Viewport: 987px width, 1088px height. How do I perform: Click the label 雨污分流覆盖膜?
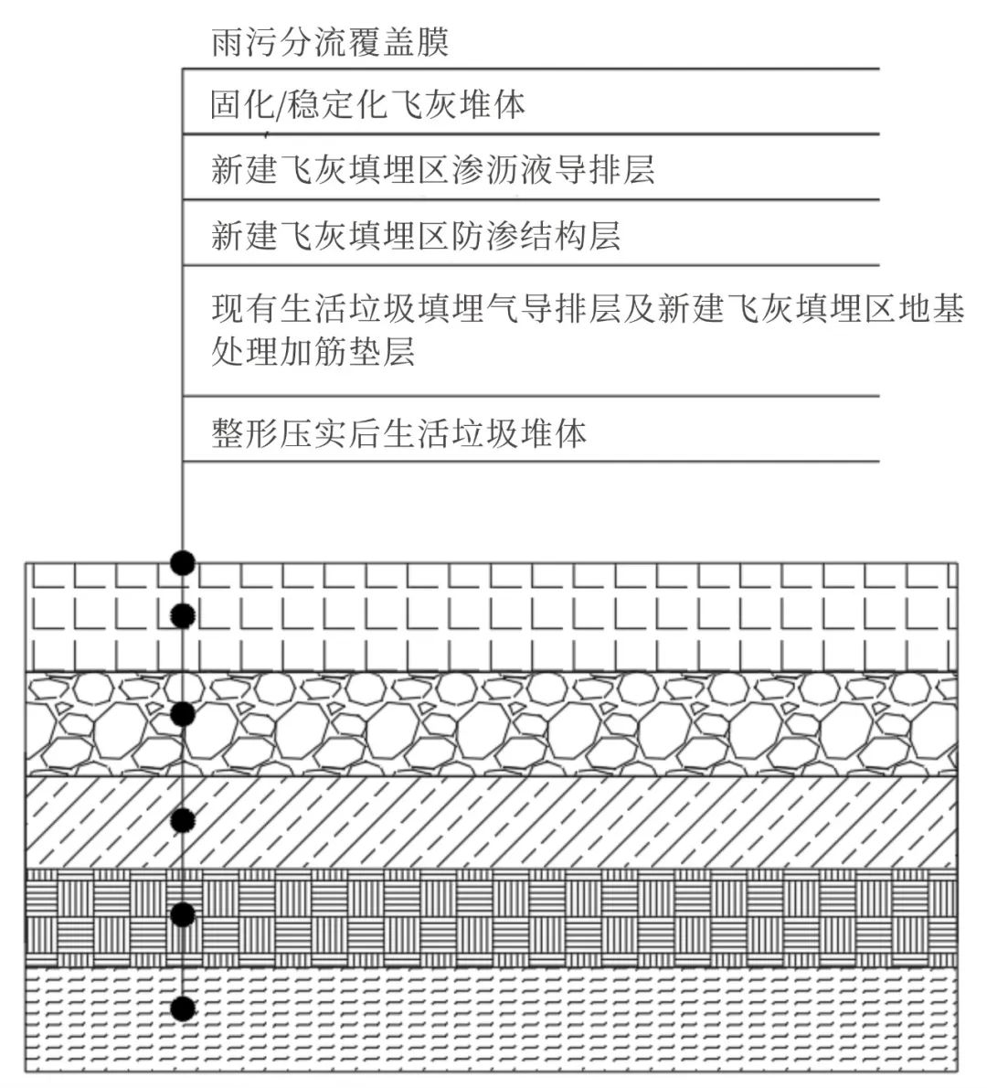(330, 42)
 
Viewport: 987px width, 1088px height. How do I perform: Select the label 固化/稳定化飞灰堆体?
(367, 105)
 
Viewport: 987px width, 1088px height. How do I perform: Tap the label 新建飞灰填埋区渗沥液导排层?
(432, 170)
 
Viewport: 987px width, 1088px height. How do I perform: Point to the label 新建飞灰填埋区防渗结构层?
(416, 236)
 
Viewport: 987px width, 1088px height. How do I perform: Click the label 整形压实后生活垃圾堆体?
(398, 432)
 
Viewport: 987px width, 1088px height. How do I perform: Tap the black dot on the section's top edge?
(183, 562)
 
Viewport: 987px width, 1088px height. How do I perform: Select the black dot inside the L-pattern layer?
(183, 616)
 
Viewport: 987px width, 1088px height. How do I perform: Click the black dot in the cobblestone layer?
(183, 712)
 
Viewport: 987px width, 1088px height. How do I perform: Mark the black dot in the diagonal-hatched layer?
(183, 819)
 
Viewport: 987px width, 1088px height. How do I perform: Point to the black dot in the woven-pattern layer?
(183, 914)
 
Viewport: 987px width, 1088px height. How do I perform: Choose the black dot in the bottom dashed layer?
(183, 1008)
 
